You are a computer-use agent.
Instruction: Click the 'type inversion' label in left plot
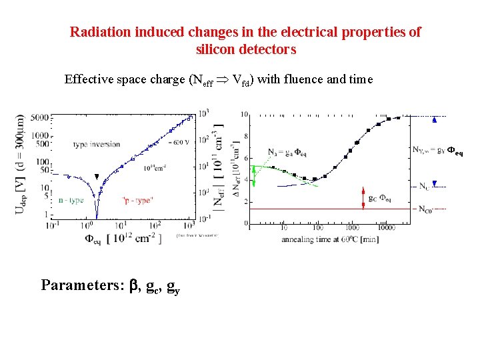coord(97,144)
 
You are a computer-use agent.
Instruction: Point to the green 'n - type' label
coord(70,199)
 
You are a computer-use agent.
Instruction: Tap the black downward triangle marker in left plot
coord(97,177)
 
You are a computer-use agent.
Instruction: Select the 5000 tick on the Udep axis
coord(39,117)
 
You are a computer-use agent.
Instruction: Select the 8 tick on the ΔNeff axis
coord(246,136)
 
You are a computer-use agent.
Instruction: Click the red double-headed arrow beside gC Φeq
coord(363,197)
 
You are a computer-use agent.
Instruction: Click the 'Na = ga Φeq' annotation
coord(287,152)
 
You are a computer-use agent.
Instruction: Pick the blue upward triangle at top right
coord(434,120)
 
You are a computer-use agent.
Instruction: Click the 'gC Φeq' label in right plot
coord(379,198)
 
